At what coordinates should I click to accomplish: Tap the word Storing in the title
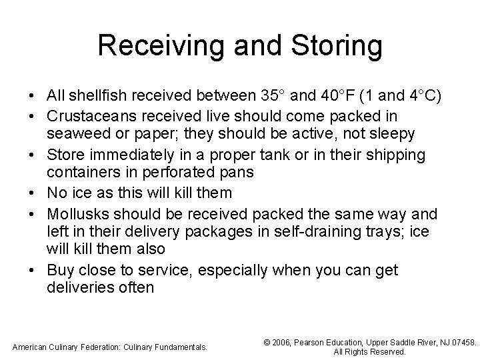336,47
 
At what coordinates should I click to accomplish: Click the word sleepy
393,134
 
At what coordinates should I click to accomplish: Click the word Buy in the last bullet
59,270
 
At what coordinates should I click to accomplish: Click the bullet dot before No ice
32,193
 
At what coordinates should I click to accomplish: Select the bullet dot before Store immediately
32,155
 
